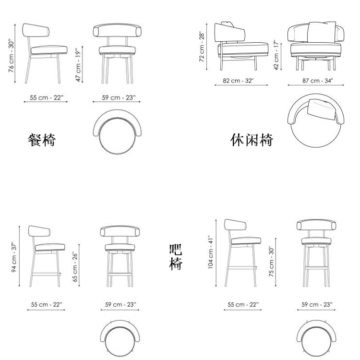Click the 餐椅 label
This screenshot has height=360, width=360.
[42, 140]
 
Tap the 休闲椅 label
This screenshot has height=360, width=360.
[252, 140]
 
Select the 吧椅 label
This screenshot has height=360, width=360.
[176, 257]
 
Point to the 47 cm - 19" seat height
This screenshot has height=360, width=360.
[78, 65]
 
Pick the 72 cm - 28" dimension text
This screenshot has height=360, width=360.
[202, 47]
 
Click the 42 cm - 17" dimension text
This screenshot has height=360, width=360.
[276, 55]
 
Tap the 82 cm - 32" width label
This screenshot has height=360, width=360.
[238, 81]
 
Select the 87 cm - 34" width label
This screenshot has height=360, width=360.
[318, 81]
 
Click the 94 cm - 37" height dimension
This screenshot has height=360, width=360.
[14, 257]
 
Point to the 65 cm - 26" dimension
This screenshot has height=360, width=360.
[75, 267]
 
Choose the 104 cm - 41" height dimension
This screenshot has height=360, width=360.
[211, 252]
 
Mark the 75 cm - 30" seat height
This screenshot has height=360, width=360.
[271, 262]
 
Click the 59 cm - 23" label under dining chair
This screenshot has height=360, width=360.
[119, 97]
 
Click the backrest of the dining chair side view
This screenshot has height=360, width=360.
[36, 30]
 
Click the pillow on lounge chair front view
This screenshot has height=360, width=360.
[322, 32]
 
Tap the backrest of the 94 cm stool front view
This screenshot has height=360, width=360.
[120, 231]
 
